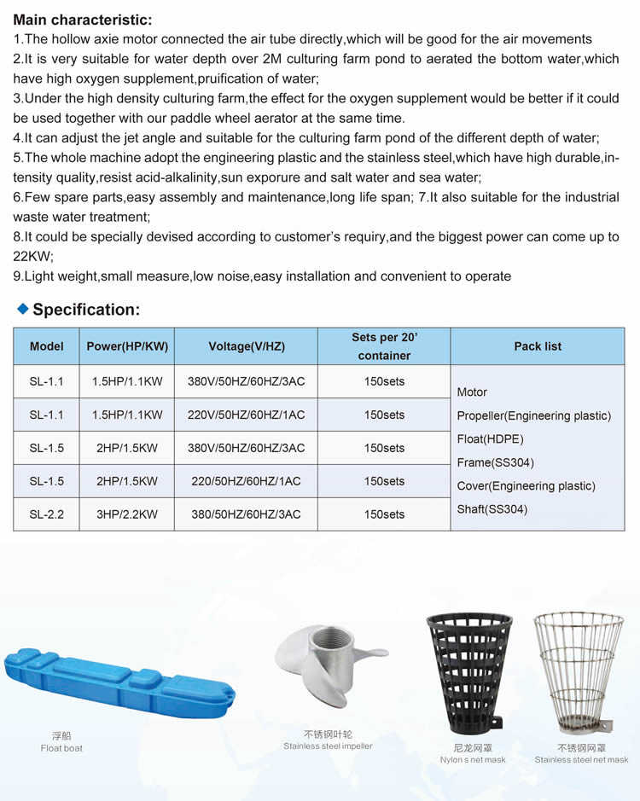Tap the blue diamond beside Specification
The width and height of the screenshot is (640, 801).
[x=23, y=308]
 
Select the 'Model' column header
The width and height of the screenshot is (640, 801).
[x=47, y=346]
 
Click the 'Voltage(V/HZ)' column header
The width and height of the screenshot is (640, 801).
[x=246, y=346]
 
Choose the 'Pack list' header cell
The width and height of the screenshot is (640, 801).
[x=538, y=346]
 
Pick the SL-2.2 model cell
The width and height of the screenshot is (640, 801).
[x=47, y=514]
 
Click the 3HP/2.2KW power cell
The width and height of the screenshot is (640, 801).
[x=126, y=514]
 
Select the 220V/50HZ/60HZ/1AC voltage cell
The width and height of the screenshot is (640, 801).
[x=246, y=415]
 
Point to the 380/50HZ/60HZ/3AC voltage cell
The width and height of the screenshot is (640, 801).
[x=246, y=514]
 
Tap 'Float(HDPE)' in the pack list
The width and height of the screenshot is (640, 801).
[x=490, y=439]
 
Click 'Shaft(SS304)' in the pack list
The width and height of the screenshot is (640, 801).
[x=492, y=509]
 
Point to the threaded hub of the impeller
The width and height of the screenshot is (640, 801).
[x=337, y=653]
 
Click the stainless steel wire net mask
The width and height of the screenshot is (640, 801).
[x=578, y=674]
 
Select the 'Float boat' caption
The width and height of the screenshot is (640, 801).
[x=61, y=748]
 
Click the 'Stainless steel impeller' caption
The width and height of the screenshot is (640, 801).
[x=328, y=746]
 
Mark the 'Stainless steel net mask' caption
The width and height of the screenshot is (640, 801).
[x=581, y=759]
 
